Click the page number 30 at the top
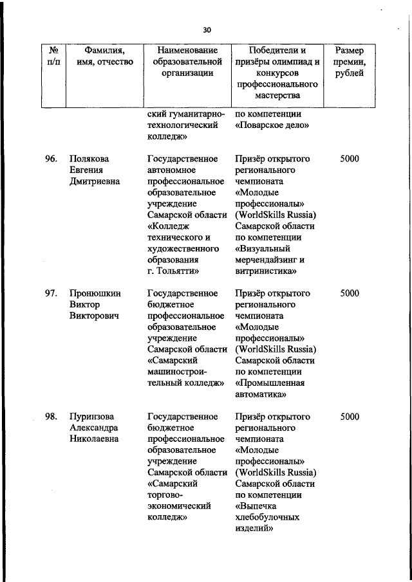pyautogui.click(x=206, y=29)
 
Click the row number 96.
pyautogui.click(x=51, y=159)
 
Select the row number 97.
pyautogui.click(x=51, y=293)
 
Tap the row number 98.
pyautogui.click(x=51, y=417)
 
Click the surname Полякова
pyautogui.click(x=91, y=159)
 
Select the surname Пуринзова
pyautogui.click(x=95, y=417)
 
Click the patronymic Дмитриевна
pyautogui.click(x=96, y=181)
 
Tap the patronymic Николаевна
pyautogui.click(x=95, y=439)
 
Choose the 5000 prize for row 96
pyautogui.click(x=350, y=159)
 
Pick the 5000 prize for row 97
pyautogui.click(x=350, y=293)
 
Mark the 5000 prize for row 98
pyautogui.click(x=350, y=417)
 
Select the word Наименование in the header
pyautogui.click(x=183, y=50)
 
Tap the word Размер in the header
pyautogui.click(x=350, y=50)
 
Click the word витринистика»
pyautogui.click(x=266, y=271)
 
